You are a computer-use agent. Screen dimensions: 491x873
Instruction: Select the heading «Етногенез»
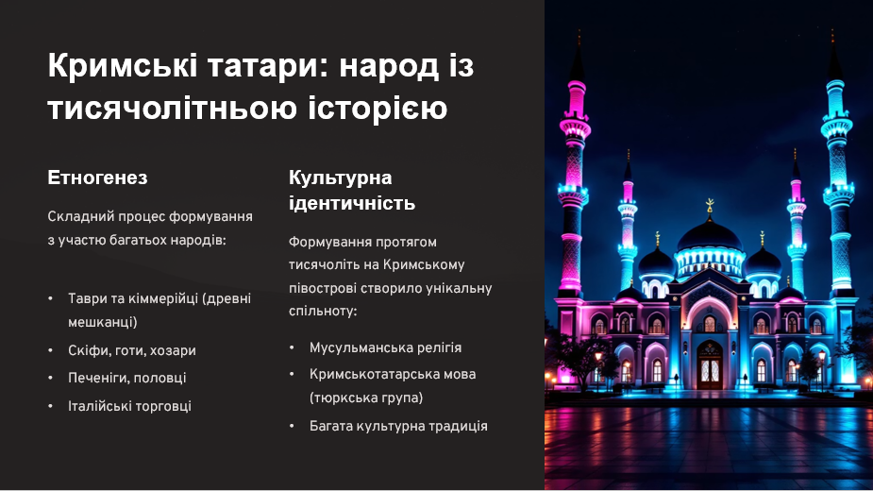(98, 178)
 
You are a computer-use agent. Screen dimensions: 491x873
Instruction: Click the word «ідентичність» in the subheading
(352, 203)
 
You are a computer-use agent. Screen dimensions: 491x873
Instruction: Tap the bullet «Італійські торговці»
(129, 405)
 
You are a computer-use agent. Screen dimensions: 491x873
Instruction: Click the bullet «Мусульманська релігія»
(386, 347)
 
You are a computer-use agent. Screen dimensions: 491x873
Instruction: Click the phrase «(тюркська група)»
(366, 398)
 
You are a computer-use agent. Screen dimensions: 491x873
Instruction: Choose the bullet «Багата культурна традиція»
(398, 426)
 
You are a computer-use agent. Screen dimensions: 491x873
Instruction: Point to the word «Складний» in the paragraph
(78, 216)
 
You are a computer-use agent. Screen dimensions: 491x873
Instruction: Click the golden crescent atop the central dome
(710, 204)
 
